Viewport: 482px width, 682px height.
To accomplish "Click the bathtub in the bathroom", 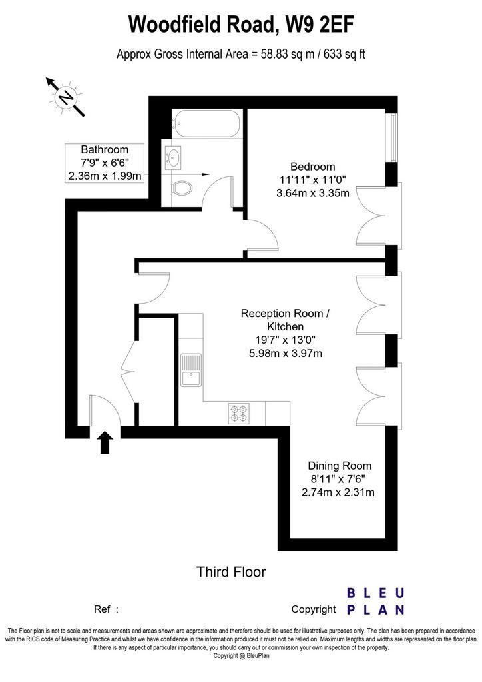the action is [x=206, y=123].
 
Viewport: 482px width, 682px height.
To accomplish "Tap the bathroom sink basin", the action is [x=173, y=157].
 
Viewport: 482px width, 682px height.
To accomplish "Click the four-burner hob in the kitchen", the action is [x=239, y=413].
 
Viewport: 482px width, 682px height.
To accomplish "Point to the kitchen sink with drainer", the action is [x=191, y=370].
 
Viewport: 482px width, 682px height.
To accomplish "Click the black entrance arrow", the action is [x=105, y=442].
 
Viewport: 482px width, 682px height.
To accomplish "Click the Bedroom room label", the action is [x=312, y=167].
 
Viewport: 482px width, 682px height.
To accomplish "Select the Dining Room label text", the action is [x=340, y=466].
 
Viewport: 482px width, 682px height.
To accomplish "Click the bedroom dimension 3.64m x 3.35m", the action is [x=312, y=193].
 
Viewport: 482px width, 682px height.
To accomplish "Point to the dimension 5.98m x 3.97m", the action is [x=285, y=353].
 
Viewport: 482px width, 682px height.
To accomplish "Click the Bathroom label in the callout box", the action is [x=105, y=150].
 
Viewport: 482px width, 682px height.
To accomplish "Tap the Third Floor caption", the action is [x=231, y=571].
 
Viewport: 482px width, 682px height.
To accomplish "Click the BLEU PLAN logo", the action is [x=376, y=601].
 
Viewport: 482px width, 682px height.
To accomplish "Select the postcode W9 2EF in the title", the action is [x=319, y=25].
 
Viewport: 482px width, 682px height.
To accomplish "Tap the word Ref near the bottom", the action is [x=102, y=609].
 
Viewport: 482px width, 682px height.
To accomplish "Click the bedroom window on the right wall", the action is [x=393, y=137].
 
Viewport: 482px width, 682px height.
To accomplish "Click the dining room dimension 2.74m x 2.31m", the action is [x=338, y=492].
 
